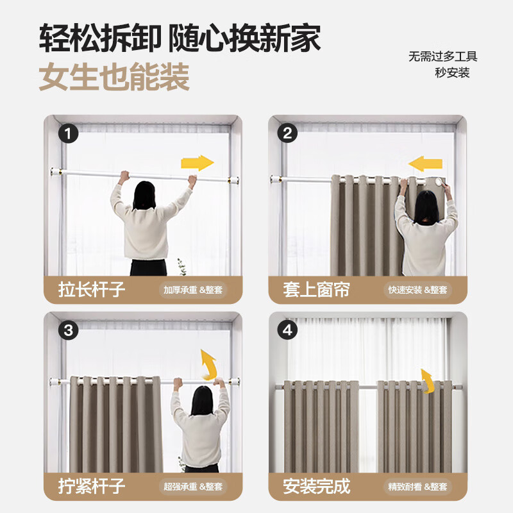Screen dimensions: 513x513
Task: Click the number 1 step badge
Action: [68, 134]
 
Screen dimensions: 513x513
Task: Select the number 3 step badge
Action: [68, 331]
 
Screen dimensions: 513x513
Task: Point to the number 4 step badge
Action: [288, 331]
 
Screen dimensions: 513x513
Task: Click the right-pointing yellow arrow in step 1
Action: [197, 163]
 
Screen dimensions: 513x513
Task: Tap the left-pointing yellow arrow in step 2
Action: [425, 164]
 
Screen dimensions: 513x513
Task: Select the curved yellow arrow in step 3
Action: [207, 365]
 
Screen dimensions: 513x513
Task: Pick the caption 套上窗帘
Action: [317, 289]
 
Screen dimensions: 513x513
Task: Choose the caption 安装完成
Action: [317, 485]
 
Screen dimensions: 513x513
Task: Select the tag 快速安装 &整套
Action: [418, 290]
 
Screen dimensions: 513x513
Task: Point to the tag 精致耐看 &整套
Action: [418, 486]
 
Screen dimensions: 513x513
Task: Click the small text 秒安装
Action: [452, 72]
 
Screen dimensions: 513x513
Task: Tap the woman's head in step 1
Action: [145, 194]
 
